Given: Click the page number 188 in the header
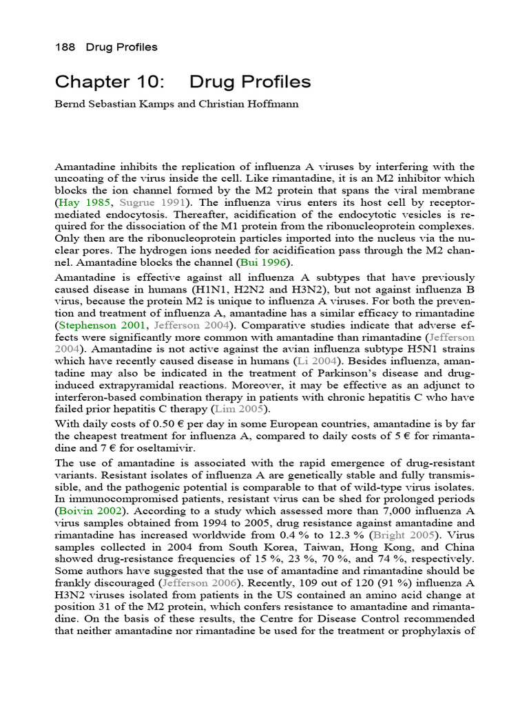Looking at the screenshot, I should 65,48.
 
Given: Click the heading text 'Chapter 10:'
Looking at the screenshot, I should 110,83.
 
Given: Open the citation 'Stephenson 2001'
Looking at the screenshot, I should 101,325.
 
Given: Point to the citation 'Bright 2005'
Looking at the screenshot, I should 394,536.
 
